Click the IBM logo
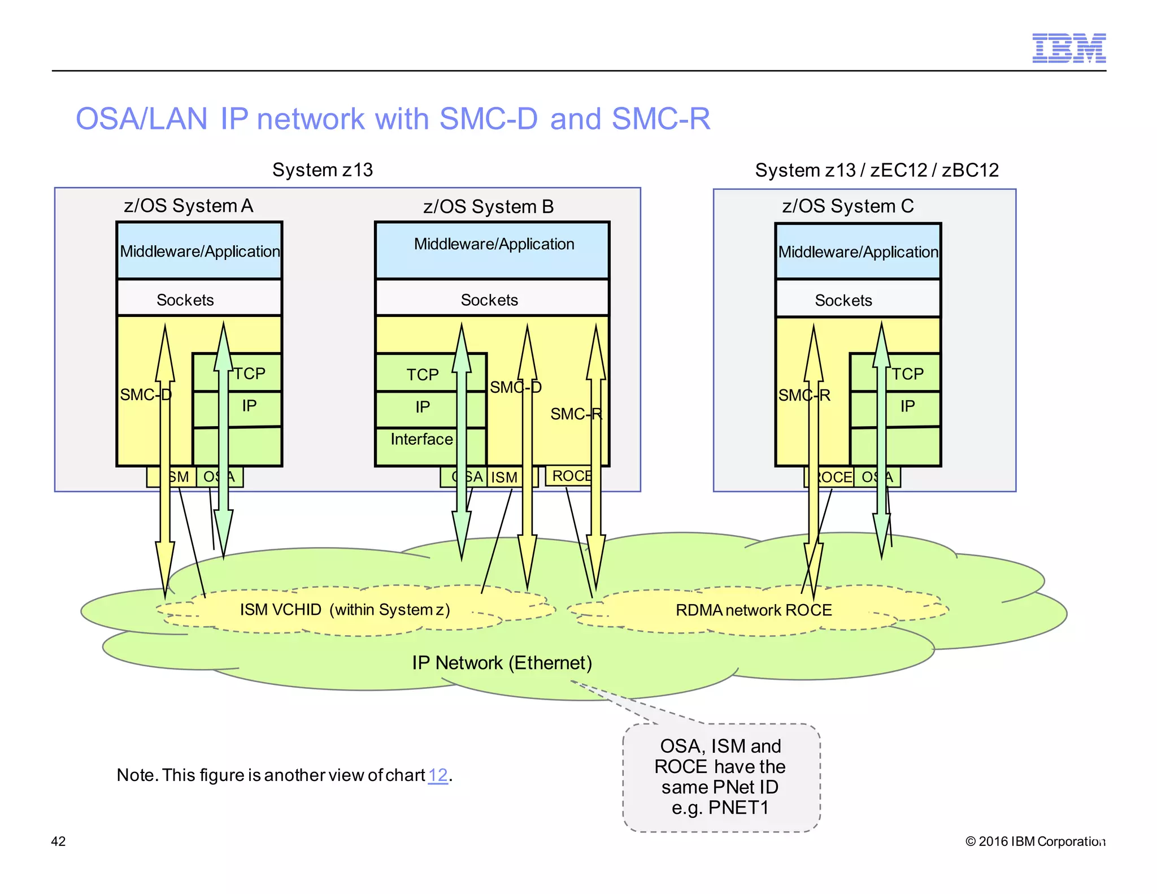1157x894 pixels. pyautogui.click(x=1068, y=48)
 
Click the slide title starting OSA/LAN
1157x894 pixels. pyautogui.click(x=393, y=119)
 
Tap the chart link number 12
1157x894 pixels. pyautogui.click(x=438, y=775)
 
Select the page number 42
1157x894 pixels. pyautogui.click(x=58, y=841)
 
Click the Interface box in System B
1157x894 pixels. pyautogui.click(x=421, y=440)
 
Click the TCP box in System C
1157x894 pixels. pyautogui.click(x=908, y=374)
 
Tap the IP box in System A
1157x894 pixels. pyautogui.click(x=249, y=406)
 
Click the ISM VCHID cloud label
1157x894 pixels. pyautogui.click(x=345, y=610)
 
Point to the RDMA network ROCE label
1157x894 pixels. pyautogui.click(x=754, y=610)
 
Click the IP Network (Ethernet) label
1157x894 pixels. pyautogui.click(x=502, y=663)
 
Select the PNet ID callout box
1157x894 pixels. pyautogui.click(x=721, y=778)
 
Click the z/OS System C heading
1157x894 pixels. pyautogui.click(x=847, y=206)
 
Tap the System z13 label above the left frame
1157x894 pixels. pyautogui.click(x=323, y=170)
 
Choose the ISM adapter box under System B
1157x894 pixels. pyautogui.click(x=504, y=478)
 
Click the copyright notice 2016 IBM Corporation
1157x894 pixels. pyautogui.click(x=1035, y=841)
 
